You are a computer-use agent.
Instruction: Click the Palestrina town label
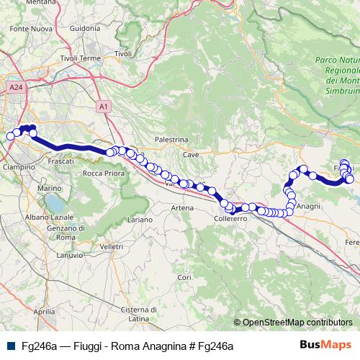pyautogui.click(x=171, y=139)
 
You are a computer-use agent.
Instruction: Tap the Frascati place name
pyautogui.click(x=60, y=162)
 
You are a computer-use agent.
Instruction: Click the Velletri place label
pyautogui.click(x=112, y=246)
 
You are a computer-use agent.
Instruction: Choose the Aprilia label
pyautogui.click(x=44, y=311)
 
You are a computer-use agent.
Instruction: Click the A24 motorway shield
pyautogui.click(x=16, y=87)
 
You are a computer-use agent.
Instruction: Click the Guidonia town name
pyautogui.click(x=85, y=29)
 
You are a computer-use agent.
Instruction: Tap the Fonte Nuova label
pyautogui.click(x=27, y=29)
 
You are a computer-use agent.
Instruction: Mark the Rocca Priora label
pyautogui.click(x=100, y=174)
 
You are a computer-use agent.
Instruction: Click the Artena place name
pyautogui.click(x=182, y=207)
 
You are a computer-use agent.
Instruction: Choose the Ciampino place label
pyautogui.click(x=19, y=167)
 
